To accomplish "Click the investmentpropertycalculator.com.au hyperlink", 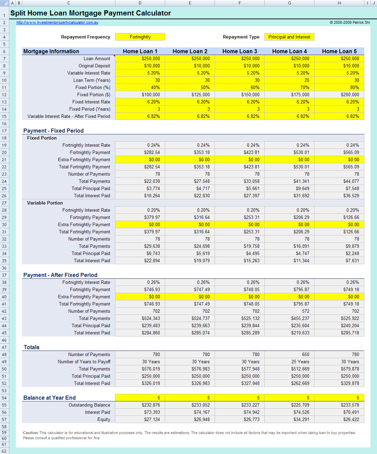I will (x=57, y=23).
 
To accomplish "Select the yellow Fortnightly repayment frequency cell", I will (x=140, y=37).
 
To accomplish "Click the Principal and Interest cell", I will (x=289, y=37).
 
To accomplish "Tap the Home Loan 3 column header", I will (x=240, y=52).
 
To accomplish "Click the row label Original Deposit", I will (x=94, y=66).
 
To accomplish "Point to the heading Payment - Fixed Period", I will (x=53, y=131).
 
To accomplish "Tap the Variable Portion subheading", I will (x=45, y=203).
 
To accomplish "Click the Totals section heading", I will (x=32, y=347).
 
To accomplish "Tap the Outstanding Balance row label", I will (x=89, y=405).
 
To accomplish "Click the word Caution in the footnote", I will (x=30, y=433).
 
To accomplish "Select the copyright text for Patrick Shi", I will (x=350, y=23).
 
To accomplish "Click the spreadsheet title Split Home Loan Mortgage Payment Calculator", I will (x=91, y=13).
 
